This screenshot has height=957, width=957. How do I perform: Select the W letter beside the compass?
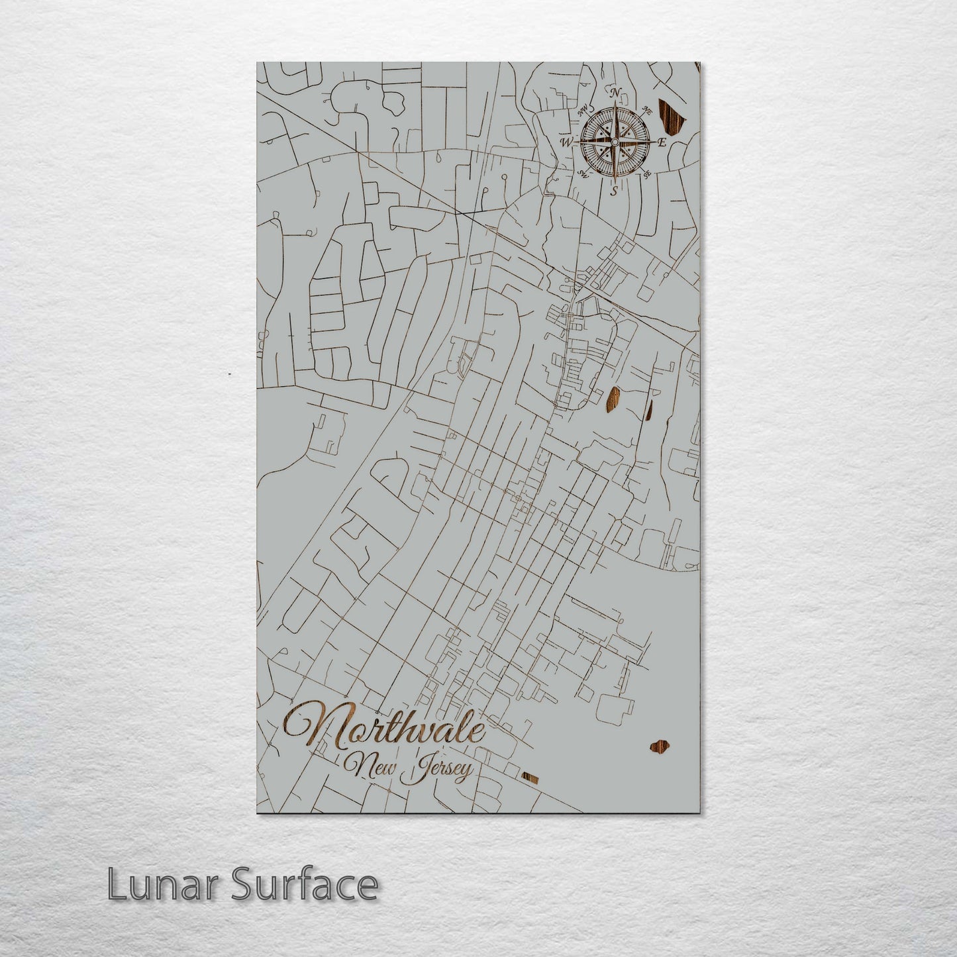pyautogui.click(x=566, y=142)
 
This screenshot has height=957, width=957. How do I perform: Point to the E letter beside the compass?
pyautogui.click(x=662, y=142)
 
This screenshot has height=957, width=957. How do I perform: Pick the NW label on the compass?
pyautogui.click(x=584, y=112)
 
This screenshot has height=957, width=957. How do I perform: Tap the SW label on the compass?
pyautogui.click(x=583, y=174)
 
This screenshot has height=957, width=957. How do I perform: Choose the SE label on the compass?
pyautogui.click(x=647, y=174)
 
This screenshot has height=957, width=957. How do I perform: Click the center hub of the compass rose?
pyautogui.click(x=615, y=142)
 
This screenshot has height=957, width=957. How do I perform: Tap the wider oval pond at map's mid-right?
pyautogui.click(x=613, y=399)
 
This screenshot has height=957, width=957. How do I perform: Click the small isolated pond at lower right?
pyautogui.click(x=660, y=747)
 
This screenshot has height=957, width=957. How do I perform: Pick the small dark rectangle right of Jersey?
pyautogui.click(x=530, y=777)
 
